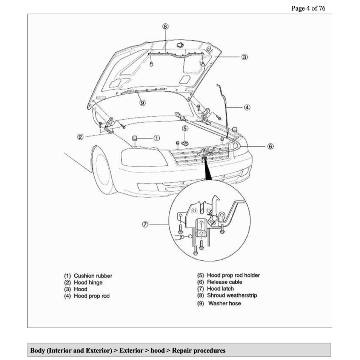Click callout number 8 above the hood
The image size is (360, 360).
pos(165,26)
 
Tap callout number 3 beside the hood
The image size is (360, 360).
pos(245,57)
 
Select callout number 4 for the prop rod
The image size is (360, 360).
pos(247,108)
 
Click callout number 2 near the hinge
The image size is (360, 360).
pos(80,137)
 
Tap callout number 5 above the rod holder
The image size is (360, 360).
pos(185,129)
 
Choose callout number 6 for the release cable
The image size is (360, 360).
pos(271,146)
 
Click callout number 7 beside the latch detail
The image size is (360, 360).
pos(145,225)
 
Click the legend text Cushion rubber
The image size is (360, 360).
pos(93,276)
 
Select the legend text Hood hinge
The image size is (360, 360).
pos(88,283)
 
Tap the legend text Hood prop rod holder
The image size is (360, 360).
pos(233,275)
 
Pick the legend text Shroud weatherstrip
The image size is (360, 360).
pos(232,295)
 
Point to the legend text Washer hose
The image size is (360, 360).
pos(225,303)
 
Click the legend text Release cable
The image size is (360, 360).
pos(225,282)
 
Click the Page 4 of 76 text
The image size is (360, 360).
pos(308,8)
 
